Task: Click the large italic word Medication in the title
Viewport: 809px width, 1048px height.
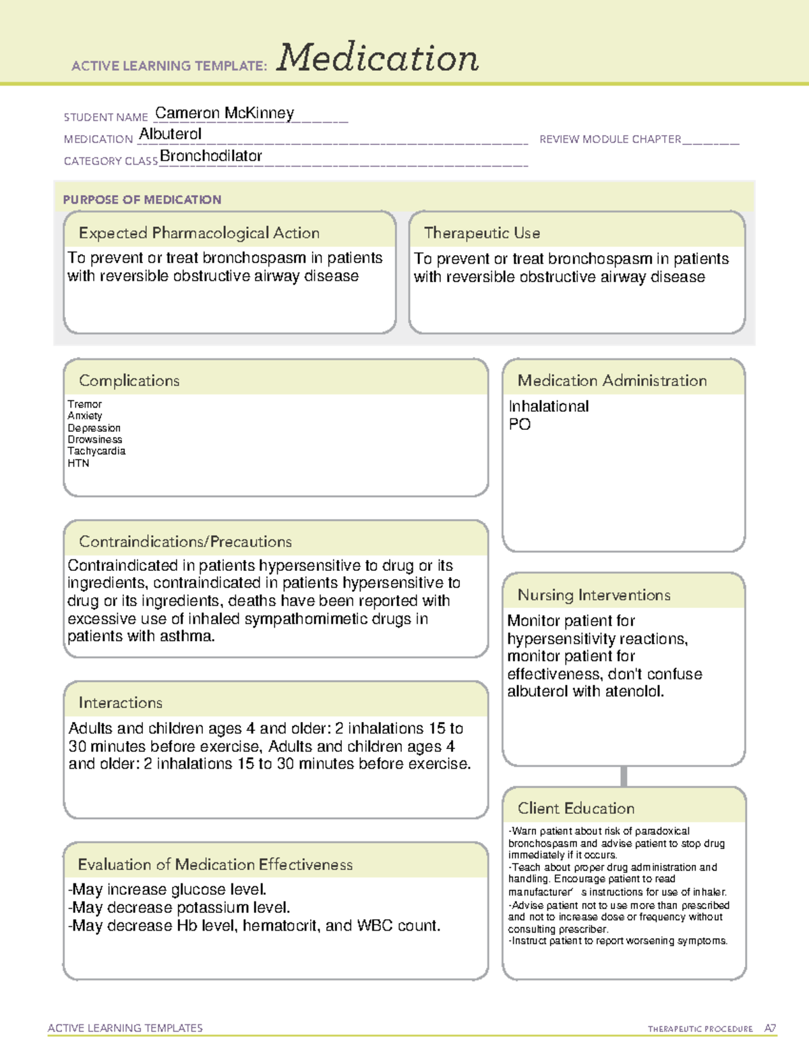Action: coord(378,58)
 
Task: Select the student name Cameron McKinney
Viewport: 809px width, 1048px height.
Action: coord(224,113)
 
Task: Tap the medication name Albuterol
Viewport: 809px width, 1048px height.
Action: coord(170,134)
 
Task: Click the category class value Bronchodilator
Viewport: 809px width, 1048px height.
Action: coord(211,156)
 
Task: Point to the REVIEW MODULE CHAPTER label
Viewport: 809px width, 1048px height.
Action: coord(610,139)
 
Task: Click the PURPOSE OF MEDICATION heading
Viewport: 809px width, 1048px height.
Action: coord(142,200)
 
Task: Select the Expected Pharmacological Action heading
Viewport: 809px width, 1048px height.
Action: coord(199,233)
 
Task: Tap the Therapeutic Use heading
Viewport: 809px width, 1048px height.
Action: coord(482,233)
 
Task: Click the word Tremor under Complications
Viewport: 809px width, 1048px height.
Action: coord(84,404)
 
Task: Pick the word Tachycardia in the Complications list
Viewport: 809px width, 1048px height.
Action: coord(96,451)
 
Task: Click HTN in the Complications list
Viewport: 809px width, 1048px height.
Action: coord(78,463)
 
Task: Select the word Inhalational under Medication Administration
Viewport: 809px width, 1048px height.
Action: coord(548,406)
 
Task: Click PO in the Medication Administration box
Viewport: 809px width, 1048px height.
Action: coord(520,424)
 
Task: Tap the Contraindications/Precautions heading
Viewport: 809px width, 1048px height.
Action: coord(185,541)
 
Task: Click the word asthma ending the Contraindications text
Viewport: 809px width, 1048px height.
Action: coord(191,636)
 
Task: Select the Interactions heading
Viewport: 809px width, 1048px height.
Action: coord(120,702)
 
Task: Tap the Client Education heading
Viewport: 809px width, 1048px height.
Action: coord(576,808)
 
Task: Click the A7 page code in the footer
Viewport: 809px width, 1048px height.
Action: coord(770,1028)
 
